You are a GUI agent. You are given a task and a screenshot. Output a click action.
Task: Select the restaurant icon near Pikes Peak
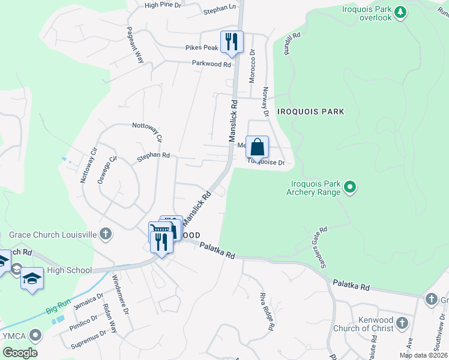point(232,41)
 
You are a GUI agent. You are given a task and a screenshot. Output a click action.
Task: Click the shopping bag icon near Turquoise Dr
point(257,146)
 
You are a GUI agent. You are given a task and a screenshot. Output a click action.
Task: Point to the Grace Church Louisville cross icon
point(106,233)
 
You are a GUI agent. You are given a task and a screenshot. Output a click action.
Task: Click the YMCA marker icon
point(37,334)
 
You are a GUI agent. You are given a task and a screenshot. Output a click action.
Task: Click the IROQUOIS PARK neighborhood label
point(311,112)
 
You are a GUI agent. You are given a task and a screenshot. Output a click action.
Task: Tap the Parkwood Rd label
point(211,64)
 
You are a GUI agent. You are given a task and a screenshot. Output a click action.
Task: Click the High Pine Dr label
point(163,5)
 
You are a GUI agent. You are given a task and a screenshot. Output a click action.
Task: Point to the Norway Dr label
point(265,101)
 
